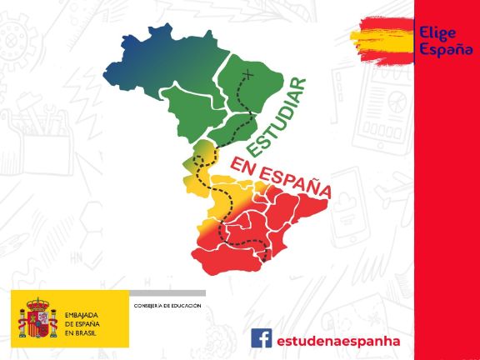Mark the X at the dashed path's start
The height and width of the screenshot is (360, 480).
point(247,75)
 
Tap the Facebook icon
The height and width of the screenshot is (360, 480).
point(261,339)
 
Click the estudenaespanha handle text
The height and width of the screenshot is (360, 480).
point(338,340)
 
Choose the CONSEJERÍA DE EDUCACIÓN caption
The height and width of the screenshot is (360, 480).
point(167,306)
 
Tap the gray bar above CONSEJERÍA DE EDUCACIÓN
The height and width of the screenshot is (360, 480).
point(167,292)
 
